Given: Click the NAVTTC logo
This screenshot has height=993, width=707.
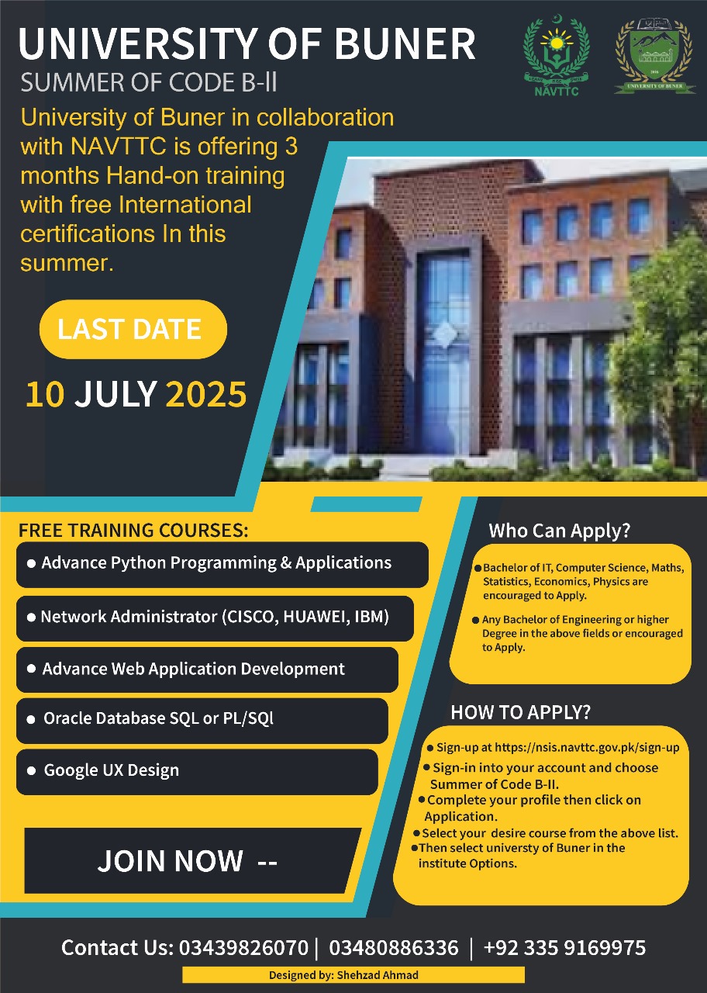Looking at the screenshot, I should (556, 56).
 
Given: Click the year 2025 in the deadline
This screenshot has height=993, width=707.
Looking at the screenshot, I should (206, 394).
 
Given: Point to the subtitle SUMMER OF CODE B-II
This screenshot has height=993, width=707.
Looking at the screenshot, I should (148, 81).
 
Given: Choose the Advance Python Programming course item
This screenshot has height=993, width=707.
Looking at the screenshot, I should (217, 563).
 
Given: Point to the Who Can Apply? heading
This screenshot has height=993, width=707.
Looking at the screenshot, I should (559, 531).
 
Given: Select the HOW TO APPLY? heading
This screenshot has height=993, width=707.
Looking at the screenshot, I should (520, 712).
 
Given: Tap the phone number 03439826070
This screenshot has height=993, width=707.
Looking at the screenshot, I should (243, 947).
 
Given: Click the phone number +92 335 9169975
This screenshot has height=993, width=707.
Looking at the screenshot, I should (564, 947).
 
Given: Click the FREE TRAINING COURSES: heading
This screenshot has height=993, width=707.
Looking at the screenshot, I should (133, 531).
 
